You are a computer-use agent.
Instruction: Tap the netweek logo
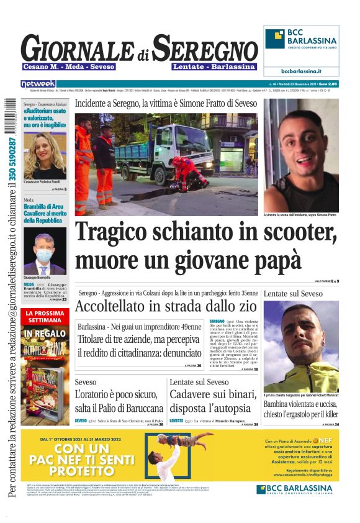click(x=38, y=83)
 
